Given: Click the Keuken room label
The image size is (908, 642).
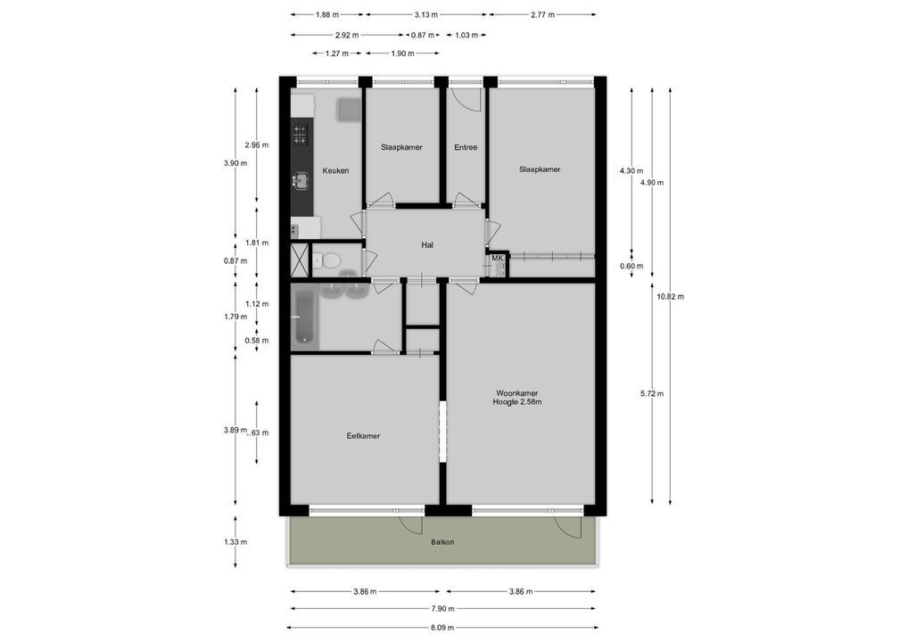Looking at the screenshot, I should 335,170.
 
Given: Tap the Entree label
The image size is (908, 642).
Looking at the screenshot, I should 465,147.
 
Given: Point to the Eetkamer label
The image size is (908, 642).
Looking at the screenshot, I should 363,436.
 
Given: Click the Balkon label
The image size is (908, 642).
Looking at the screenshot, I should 442,541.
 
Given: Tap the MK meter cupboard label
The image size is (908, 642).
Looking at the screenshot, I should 497,259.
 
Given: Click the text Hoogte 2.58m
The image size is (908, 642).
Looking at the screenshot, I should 517,402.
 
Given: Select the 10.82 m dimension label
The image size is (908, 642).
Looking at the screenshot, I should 670,296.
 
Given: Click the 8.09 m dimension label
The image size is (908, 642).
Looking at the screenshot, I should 442,627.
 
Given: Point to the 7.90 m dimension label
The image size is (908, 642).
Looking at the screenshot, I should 442,609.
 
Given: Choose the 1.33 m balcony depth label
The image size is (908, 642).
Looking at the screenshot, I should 235,541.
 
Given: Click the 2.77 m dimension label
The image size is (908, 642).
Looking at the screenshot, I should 541,15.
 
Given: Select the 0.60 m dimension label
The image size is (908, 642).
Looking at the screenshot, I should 631,266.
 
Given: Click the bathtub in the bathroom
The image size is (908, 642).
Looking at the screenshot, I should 303,316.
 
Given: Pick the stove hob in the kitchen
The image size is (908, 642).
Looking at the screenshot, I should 300,134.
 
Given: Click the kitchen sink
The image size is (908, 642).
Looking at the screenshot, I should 300,181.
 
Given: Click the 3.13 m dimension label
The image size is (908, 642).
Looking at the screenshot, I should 426,15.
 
